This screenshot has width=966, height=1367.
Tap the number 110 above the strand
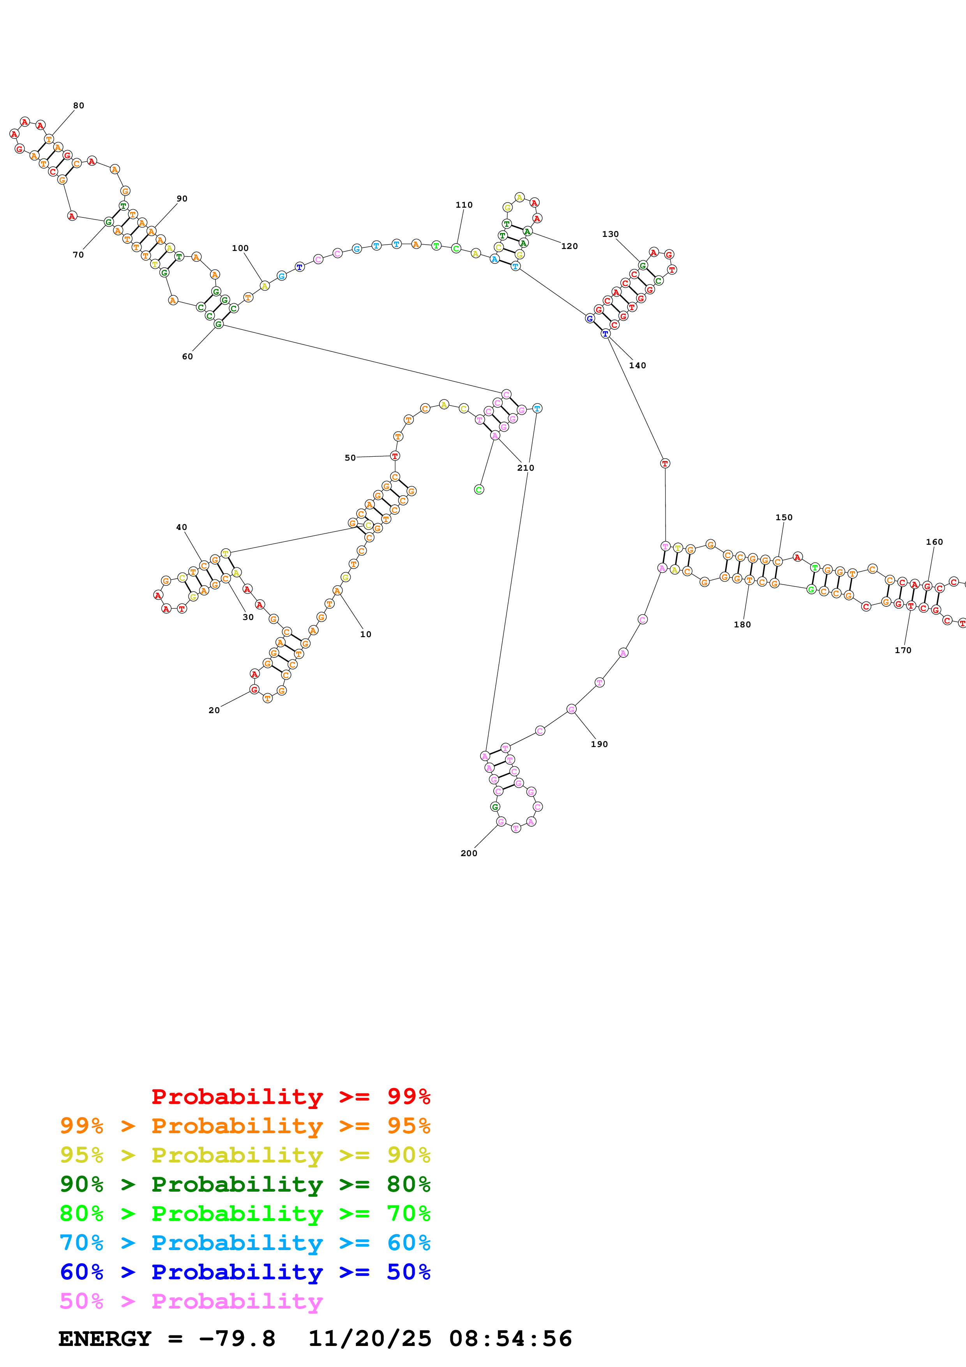point(464,205)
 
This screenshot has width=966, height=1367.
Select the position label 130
point(610,234)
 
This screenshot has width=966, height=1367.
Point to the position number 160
point(934,542)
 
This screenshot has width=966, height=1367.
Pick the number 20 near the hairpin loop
point(214,710)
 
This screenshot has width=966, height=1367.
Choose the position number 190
point(599,744)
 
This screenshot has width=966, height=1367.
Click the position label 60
point(187,357)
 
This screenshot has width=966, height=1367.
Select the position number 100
point(240,248)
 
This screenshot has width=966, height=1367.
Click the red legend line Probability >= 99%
point(290,1096)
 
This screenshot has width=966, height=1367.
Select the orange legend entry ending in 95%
point(245,1126)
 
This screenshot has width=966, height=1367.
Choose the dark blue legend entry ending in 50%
point(245,1272)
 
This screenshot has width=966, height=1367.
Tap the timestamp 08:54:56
point(510,1339)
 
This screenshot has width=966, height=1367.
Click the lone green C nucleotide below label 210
point(479,489)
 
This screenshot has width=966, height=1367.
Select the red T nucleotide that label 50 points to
point(395,456)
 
